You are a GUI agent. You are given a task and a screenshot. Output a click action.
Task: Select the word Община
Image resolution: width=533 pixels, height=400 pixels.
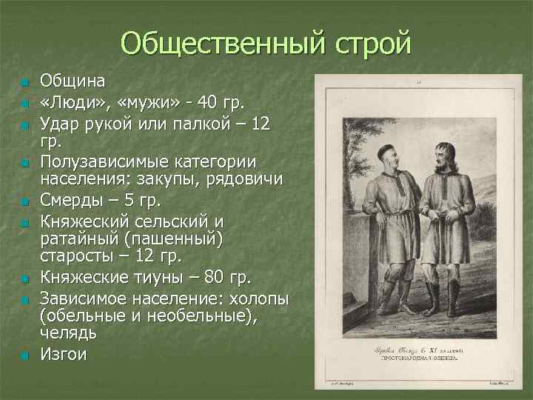click(73, 80)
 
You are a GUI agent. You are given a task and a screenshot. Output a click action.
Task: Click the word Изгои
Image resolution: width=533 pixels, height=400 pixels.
click(63, 354)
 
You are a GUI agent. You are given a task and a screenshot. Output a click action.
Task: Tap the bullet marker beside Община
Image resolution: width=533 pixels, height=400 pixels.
click(24, 81)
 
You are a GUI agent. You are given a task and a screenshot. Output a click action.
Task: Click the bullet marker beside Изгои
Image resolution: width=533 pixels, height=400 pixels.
click(24, 356)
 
